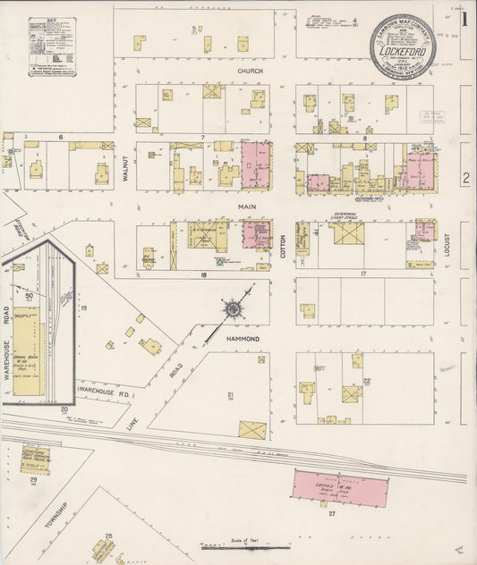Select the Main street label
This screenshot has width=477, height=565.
(247, 207)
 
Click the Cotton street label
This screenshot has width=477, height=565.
(283, 243)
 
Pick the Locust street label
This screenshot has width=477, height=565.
(445, 246)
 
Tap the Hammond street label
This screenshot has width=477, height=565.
(243, 339)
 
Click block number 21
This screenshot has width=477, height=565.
(230, 394)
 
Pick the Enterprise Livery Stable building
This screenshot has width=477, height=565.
(346, 234)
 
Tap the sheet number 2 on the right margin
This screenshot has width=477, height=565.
(465, 177)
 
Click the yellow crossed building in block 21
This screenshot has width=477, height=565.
(251, 429)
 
